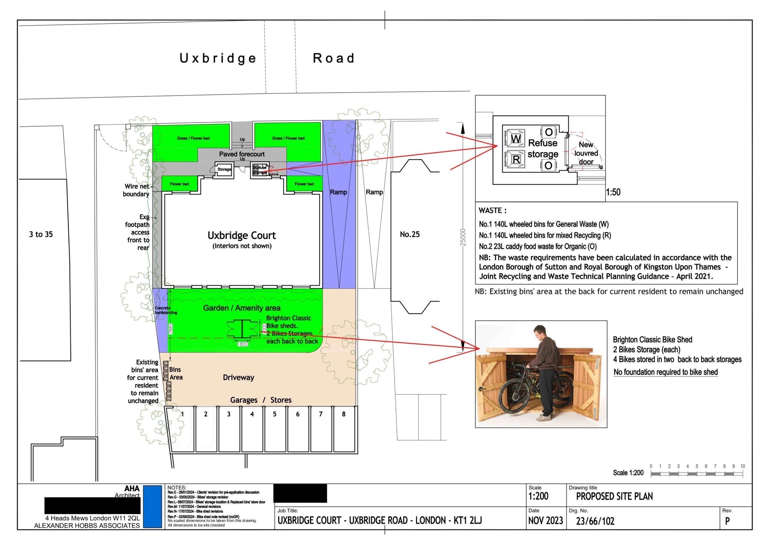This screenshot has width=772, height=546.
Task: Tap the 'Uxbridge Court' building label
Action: pos(241,236)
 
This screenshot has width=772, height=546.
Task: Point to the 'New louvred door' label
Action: pos(586,153)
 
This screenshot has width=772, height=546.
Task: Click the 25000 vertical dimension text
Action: pos(463,238)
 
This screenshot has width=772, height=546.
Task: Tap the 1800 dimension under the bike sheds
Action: pos(242,344)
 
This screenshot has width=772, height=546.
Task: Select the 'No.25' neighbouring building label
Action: pos(410,234)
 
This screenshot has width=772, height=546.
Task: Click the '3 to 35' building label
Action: pos(41,234)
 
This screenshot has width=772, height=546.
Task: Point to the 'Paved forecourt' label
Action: pos(242,154)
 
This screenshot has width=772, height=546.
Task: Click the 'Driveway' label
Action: pos(238,378)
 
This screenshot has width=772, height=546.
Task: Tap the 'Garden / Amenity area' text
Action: pos(241,308)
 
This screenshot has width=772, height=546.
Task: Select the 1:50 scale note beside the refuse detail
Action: pos(613,192)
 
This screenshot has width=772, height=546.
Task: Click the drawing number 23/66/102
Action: pos(595,521)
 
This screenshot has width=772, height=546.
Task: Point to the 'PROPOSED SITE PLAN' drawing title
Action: pos(614,497)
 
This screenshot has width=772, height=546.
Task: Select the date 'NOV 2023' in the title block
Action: pos(545,521)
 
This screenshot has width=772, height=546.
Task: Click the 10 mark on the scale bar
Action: pos(742,467)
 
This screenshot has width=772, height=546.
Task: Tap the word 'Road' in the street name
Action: pos(333,58)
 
